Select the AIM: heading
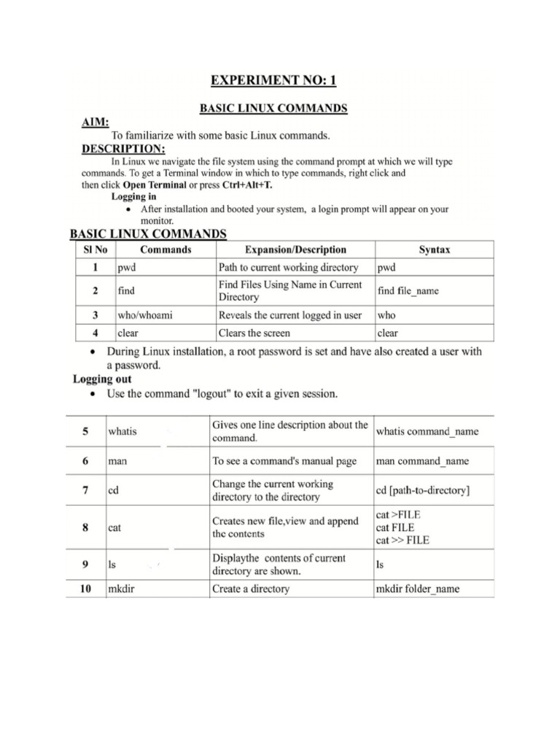tap(94, 123)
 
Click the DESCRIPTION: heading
tap(122, 149)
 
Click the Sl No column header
tap(91, 249)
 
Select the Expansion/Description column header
tap(295, 249)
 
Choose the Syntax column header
tap(434, 249)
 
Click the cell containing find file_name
tap(408, 291)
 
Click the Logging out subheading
tap(102, 379)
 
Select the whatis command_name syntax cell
tap(427, 431)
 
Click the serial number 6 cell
tap(85, 461)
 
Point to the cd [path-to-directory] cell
tap(423, 491)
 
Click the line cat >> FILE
tap(402, 541)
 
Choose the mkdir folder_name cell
tap(418, 589)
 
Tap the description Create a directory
tap(250, 589)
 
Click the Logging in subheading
tap(133, 197)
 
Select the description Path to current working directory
tap(288, 268)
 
